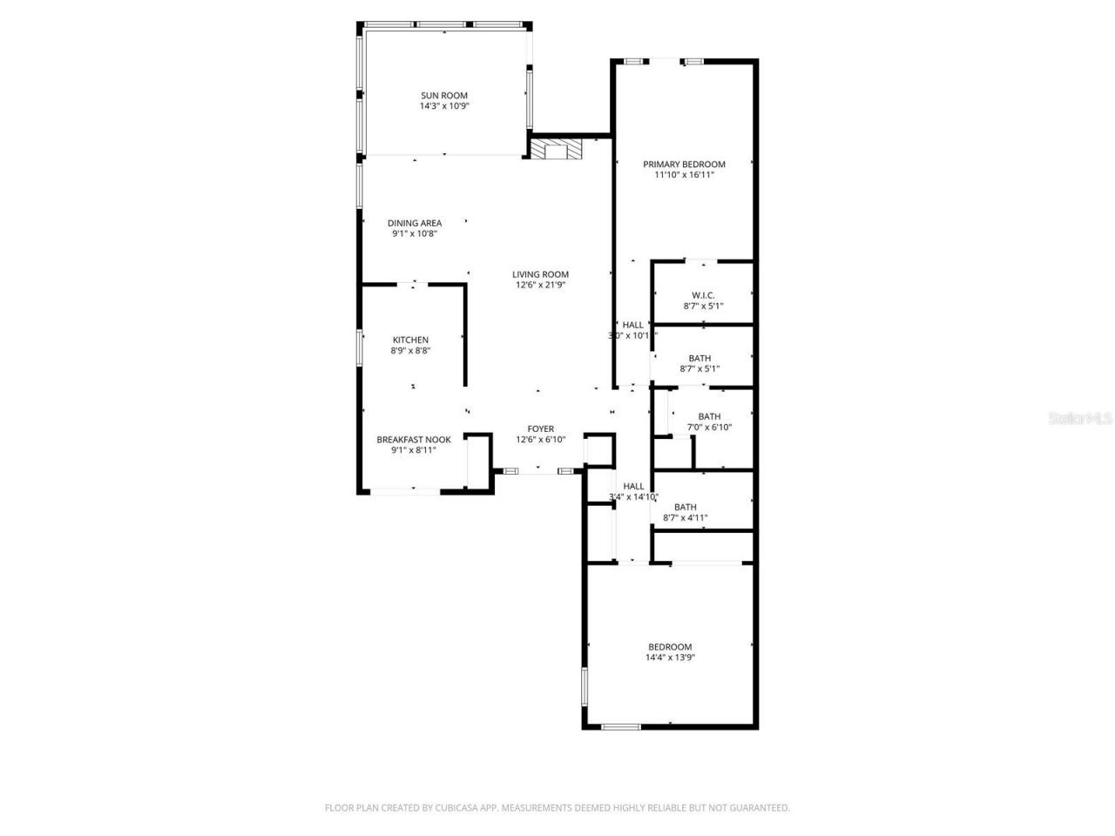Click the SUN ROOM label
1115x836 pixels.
pyautogui.click(x=444, y=96)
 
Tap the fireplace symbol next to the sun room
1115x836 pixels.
pyautogui.click(x=556, y=150)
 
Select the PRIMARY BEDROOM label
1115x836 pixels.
pyautogui.click(x=684, y=164)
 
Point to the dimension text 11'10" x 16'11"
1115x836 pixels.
pyautogui.click(x=684, y=175)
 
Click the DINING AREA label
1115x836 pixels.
pyautogui.click(x=415, y=223)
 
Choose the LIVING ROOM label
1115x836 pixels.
pyautogui.click(x=540, y=274)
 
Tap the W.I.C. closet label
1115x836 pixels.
pyautogui.click(x=703, y=295)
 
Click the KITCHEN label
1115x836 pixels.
pyautogui.click(x=410, y=340)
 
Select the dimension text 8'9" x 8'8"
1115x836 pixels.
pyautogui.click(x=410, y=351)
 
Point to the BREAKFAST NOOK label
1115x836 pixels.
pyautogui.click(x=414, y=440)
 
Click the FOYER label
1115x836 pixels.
pyautogui.click(x=540, y=428)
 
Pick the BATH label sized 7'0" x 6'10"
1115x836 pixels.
pyautogui.click(x=709, y=416)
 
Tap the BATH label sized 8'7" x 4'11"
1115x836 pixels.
pyautogui.click(x=685, y=507)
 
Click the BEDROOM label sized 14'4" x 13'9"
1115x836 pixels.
pyautogui.click(x=670, y=646)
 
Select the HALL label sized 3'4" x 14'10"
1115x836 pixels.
pyautogui.click(x=633, y=486)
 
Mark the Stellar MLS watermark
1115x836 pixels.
pyautogui.click(x=1080, y=419)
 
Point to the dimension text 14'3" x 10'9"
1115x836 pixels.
pyautogui.click(x=444, y=106)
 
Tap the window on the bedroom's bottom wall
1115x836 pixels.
pyautogui.click(x=621, y=726)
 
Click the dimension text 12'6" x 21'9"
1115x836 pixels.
pyautogui.click(x=540, y=286)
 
